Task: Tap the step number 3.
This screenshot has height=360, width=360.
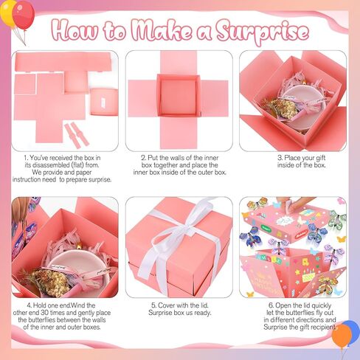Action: [x=279, y=158]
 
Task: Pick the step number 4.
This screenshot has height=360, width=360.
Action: [x=28, y=305]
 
